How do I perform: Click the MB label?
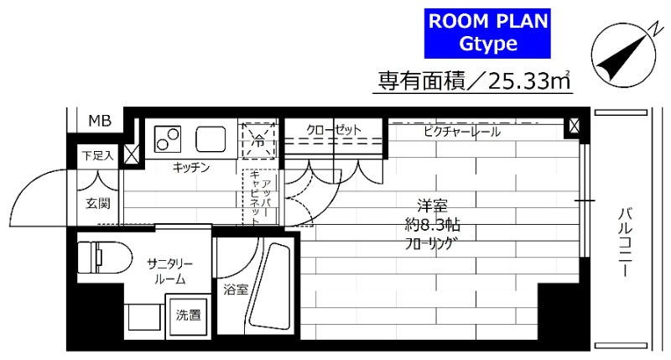pyautogui.click(x=98, y=121)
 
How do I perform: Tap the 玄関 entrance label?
pyautogui.click(x=97, y=202)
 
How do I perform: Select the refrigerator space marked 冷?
pyautogui.click(x=259, y=138)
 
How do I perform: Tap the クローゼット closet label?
pyautogui.click(x=333, y=130)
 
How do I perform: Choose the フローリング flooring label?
pyautogui.click(x=433, y=245)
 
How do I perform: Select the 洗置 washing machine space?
pyautogui.click(x=189, y=316)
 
